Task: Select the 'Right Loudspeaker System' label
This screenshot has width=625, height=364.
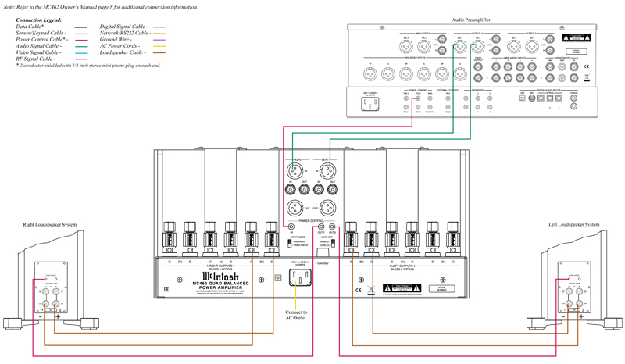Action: tap(48, 225)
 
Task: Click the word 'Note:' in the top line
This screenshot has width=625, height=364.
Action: tap(9, 6)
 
